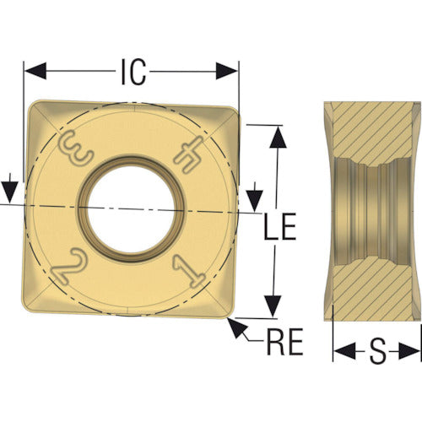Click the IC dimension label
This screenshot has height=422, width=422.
133,72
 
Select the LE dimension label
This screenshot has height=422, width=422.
280,226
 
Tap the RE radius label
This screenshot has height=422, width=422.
284,341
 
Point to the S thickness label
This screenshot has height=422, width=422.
377,351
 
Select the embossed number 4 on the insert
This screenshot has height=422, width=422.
188,154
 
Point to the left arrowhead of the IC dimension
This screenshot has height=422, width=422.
35,71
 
